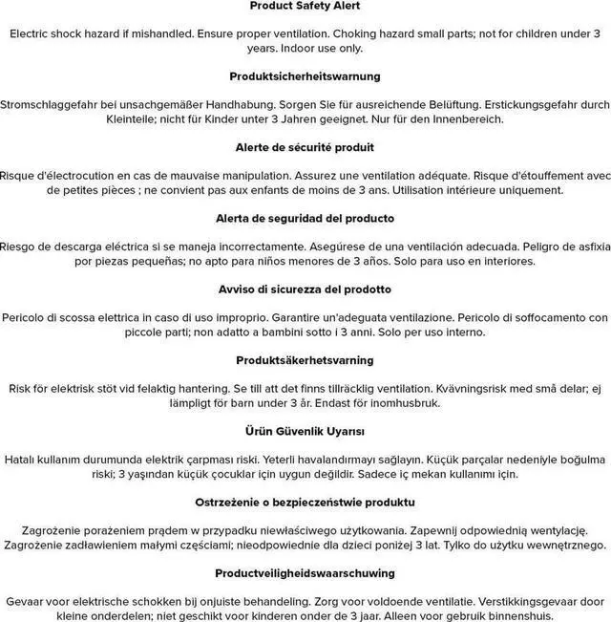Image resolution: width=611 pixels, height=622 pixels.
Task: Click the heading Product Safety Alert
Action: click(305, 6)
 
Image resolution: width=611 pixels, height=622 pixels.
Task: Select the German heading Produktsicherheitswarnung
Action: click(305, 76)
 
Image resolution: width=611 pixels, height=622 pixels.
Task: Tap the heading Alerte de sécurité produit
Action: click(305, 147)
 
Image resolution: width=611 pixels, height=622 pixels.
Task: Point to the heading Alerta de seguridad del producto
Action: click(305, 218)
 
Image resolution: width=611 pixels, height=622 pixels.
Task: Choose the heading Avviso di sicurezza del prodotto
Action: click(305, 290)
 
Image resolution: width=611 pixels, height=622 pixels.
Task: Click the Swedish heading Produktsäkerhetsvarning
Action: click(305, 360)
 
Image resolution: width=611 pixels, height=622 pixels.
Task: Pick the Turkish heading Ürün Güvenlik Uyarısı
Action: click(305, 431)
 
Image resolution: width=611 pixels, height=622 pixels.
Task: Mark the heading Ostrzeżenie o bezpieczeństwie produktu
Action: click(305, 503)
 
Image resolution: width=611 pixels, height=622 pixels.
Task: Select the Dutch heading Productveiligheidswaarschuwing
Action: click(305, 573)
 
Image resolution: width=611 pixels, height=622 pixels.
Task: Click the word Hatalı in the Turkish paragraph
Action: click(23, 460)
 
